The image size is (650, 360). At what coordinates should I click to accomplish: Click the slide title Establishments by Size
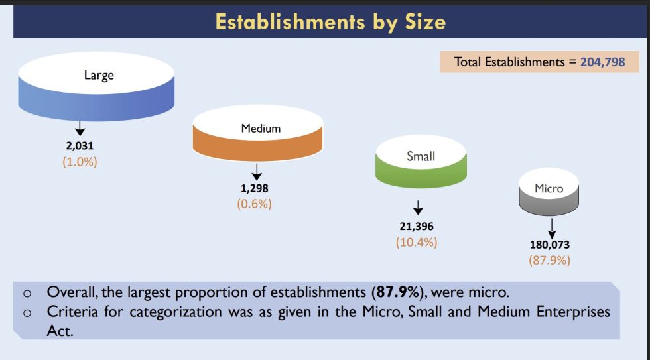click(x=330, y=21)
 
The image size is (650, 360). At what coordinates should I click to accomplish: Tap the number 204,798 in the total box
click(x=602, y=62)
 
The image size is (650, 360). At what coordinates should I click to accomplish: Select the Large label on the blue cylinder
click(x=99, y=75)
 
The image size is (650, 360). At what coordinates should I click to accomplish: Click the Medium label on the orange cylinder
click(x=261, y=128)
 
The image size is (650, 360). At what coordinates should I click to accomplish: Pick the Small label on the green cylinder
click(x=421, y=156)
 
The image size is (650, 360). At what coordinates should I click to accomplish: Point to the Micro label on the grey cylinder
click(x=549, y=188)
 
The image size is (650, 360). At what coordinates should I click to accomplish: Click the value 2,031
click(x=80, y=147)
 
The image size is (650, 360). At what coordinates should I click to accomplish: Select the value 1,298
click(x=254, y=189)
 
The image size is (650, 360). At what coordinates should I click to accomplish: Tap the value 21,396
click(x=416, y=227)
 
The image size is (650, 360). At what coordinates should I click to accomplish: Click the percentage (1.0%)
click(x=80, y=162)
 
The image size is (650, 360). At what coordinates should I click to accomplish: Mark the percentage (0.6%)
click(x=254, y=204)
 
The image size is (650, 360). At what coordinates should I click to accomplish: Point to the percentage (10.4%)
click(x=416, y=242)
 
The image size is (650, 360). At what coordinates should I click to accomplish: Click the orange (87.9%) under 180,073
click(x=549, y=260)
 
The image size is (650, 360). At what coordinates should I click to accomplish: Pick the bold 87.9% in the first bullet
click(x=399, y=292)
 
